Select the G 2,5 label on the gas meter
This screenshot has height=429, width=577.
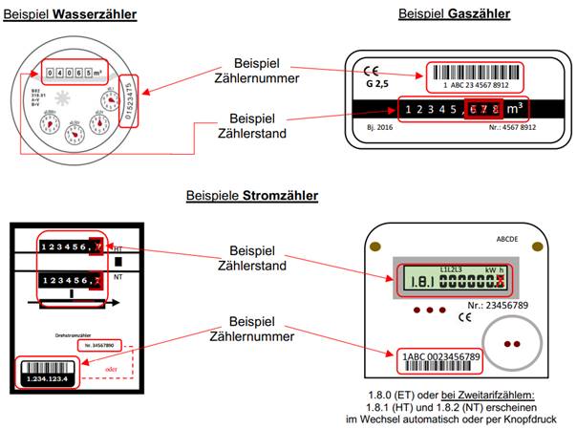coord(376,83)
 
